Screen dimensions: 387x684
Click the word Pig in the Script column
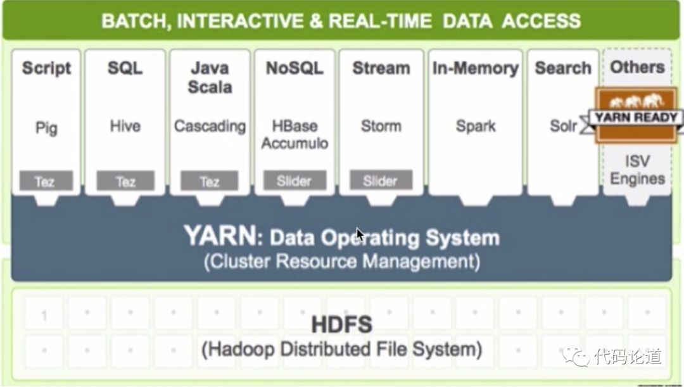[46, 128]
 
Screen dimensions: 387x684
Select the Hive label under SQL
[125, 126]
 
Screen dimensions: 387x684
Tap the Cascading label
[210, 126]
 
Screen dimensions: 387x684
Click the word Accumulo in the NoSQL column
[294, 143]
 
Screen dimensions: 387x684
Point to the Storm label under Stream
[381, 126]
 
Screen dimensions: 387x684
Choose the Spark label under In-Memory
[476, 126]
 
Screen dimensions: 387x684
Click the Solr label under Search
[563, 126]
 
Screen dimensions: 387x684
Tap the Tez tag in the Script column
[45, 182]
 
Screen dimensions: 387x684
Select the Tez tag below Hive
[125, 182]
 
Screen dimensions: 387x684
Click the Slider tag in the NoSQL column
[294, 181]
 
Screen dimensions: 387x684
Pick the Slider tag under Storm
[380, 181]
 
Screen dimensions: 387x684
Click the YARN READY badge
[636, 118]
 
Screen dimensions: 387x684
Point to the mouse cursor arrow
[360, 234]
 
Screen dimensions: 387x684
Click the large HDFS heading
[341, 325]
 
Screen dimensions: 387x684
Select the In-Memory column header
[475, 68]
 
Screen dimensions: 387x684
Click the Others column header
[637, 67]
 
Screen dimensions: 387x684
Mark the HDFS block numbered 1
[44, 315]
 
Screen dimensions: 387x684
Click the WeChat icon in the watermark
[576, 356]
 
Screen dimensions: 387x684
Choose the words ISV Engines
[637, 170]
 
